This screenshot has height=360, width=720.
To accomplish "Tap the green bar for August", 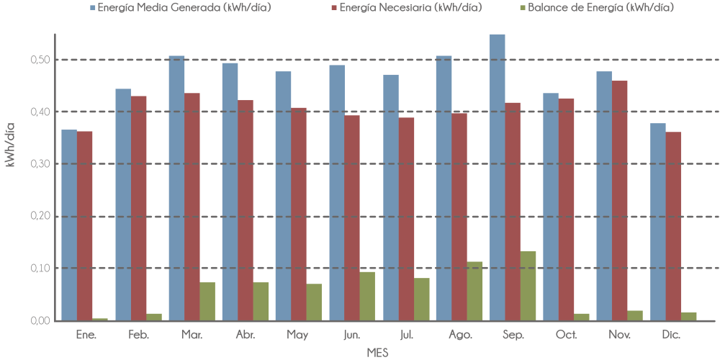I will tap(475, 291).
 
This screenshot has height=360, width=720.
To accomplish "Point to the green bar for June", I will tap(367, 296).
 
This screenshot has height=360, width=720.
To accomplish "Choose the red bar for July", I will tap(406, 219).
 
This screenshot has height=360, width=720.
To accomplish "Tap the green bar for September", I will tap(528, 285).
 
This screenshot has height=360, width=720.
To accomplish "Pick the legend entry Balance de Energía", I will tap(608, 7).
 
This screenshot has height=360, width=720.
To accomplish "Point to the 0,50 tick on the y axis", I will tap(40, 60).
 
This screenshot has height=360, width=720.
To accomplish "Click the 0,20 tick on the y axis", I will tap(40, 216).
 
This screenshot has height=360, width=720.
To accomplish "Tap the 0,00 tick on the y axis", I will tap(40, 320).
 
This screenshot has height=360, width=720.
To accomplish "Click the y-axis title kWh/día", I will tap(10, 144).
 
